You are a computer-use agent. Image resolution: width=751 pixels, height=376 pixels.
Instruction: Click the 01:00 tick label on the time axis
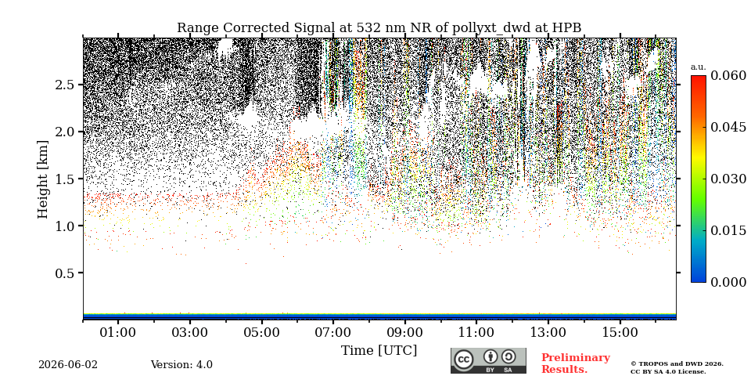(x=118, y=332)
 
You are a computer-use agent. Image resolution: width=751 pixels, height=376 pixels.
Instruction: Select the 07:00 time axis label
(x=333, y=332)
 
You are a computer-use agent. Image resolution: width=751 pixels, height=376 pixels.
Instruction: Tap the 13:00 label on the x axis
(x=548, y=332)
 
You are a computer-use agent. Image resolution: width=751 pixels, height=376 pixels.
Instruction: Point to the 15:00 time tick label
(x=620, y=332)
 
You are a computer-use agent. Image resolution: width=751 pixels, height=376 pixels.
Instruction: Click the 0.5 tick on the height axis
(x=66, y=273)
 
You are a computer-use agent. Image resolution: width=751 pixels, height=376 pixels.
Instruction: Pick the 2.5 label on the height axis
(x=66, y=85)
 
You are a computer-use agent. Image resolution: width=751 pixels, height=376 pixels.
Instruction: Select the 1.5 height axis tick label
(x=66, y=179)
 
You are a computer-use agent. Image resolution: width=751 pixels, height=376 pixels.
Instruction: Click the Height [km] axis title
(x=43, y=179)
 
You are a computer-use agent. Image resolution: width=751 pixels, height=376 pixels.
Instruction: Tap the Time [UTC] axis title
(x=379, y=351)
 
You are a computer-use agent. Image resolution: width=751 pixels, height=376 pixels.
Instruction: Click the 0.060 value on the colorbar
(x=728, y=75)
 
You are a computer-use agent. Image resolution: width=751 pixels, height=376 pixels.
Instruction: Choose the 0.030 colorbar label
(x=728, y=179)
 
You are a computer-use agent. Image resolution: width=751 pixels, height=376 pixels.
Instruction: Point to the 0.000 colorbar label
(x=728, y=282)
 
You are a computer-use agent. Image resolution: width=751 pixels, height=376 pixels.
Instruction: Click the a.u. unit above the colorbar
(x=699, y=67)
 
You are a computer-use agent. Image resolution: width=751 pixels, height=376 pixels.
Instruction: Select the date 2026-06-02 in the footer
(x=68, y=365)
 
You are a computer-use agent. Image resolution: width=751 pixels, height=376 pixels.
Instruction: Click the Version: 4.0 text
(x=181, y=365)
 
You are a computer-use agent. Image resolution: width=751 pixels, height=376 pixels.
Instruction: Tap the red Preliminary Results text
(x=576, y=363)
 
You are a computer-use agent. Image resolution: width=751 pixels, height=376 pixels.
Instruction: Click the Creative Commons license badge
(x=488, y=360)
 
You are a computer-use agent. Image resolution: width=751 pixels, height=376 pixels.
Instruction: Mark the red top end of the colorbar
(x=699, y=76)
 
